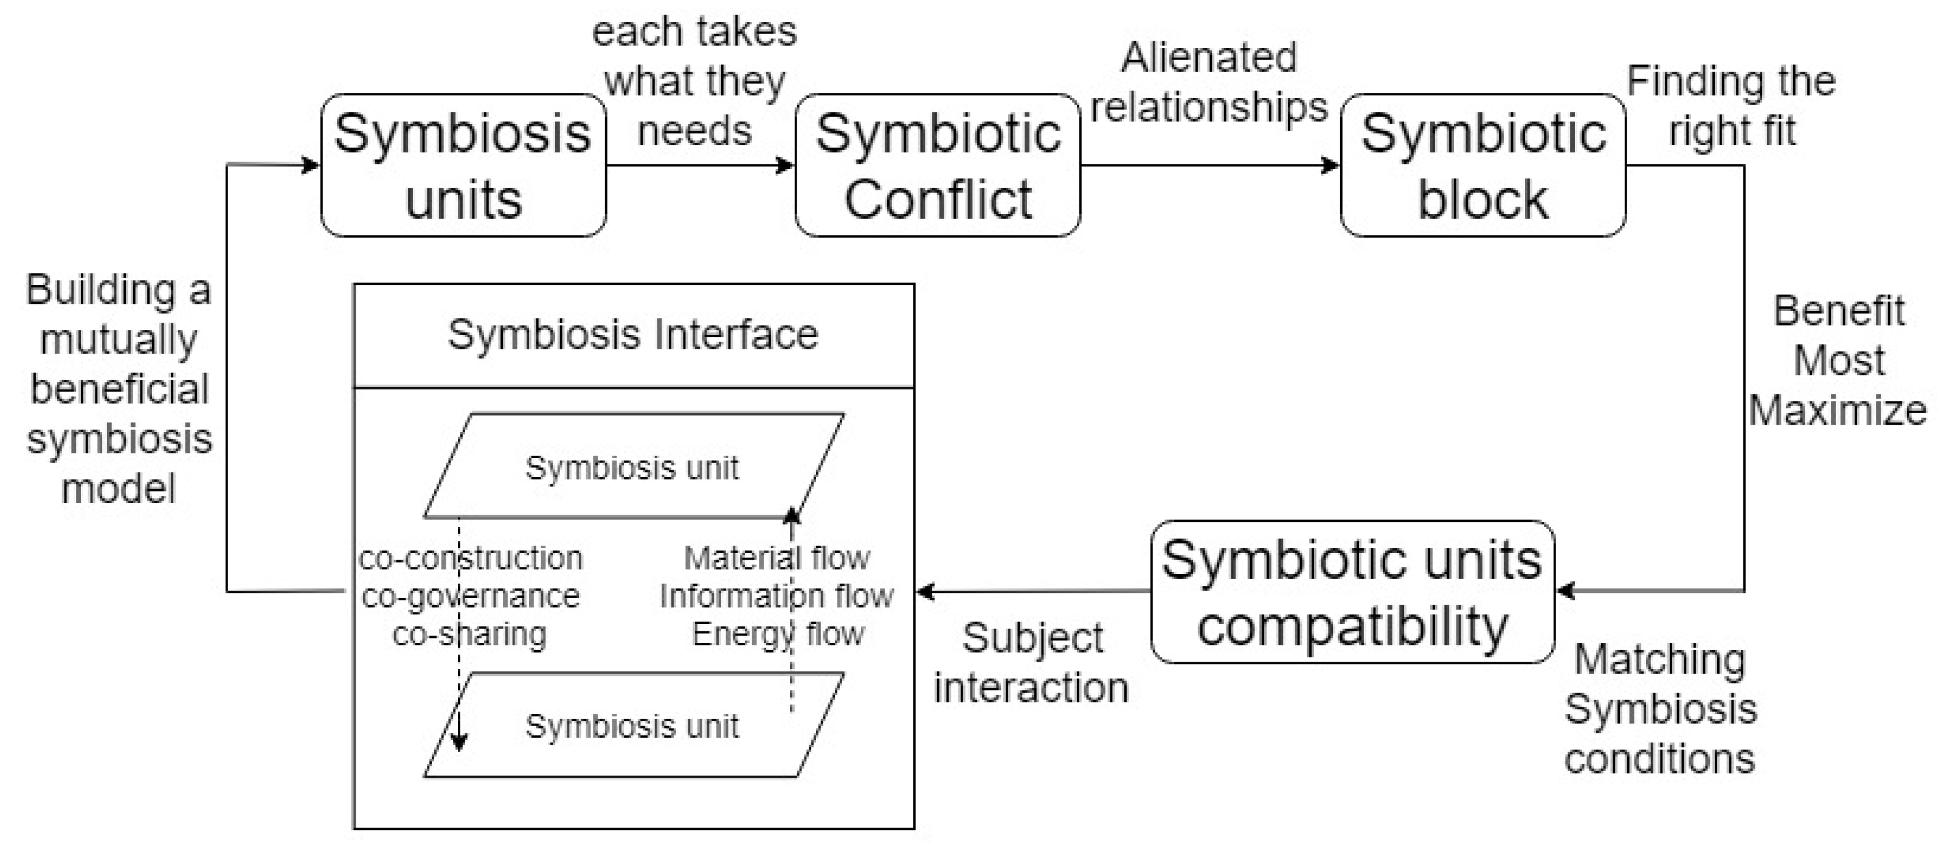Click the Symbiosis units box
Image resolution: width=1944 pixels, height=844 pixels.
[463, 165]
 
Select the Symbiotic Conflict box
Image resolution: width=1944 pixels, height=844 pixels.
[937, 165]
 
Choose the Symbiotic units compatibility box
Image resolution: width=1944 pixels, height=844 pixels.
[1352, 592]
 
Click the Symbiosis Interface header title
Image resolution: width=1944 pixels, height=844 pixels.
[632, 335]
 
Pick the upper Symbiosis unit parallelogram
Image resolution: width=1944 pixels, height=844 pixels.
[632, 468]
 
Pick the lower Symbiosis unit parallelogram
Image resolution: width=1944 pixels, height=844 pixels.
[632, 726]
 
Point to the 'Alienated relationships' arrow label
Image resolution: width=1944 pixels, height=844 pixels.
[1209, 81]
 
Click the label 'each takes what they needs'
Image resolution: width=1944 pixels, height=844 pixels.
[694, 81]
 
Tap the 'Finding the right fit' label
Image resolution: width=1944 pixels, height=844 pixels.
[1731, 106]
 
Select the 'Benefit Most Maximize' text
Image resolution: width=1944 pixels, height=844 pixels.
[1838, 360]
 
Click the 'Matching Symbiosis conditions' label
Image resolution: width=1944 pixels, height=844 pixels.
[1660, 709]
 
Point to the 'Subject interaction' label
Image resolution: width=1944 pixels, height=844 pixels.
[1032, 663]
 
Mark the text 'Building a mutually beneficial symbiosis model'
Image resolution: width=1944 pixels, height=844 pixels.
[119, 388]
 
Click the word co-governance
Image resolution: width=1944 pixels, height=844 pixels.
[470, 596]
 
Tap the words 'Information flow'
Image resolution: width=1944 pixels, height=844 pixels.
[777, 596]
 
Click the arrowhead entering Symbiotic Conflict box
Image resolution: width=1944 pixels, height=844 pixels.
[786, 165]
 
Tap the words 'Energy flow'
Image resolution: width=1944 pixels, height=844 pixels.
[778, 634]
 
